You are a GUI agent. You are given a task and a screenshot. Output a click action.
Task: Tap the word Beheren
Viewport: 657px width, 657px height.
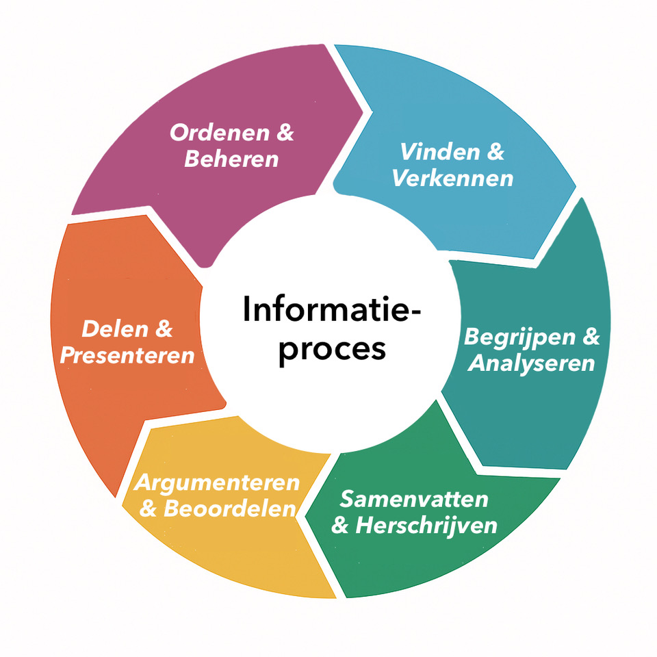(x=231, y=159)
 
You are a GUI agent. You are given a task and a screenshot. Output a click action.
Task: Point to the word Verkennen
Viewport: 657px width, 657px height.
(x=452, y=179)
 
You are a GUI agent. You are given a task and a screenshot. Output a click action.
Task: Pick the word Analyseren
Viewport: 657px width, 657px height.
(x=531, y=363)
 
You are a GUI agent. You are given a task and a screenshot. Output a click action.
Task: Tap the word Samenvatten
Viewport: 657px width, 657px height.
(x=414, y=499)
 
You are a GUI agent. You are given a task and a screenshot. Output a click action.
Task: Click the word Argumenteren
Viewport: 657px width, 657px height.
(x=217, y=482)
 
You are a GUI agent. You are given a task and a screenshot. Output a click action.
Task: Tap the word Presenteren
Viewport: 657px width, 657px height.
(x=127, y=356)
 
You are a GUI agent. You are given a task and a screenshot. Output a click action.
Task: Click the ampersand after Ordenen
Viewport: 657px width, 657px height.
(x=284, y=132)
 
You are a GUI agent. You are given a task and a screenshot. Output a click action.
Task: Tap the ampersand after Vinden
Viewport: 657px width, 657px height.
(x=495, y=152)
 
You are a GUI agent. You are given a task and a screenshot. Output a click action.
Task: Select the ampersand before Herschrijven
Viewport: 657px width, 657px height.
(x=340, y=526)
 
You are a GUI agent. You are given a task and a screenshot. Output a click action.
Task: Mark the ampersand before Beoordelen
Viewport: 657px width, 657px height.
(x=150, y=510)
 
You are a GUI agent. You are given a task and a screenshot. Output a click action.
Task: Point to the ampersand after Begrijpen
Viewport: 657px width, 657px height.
(x=590, y=337)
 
